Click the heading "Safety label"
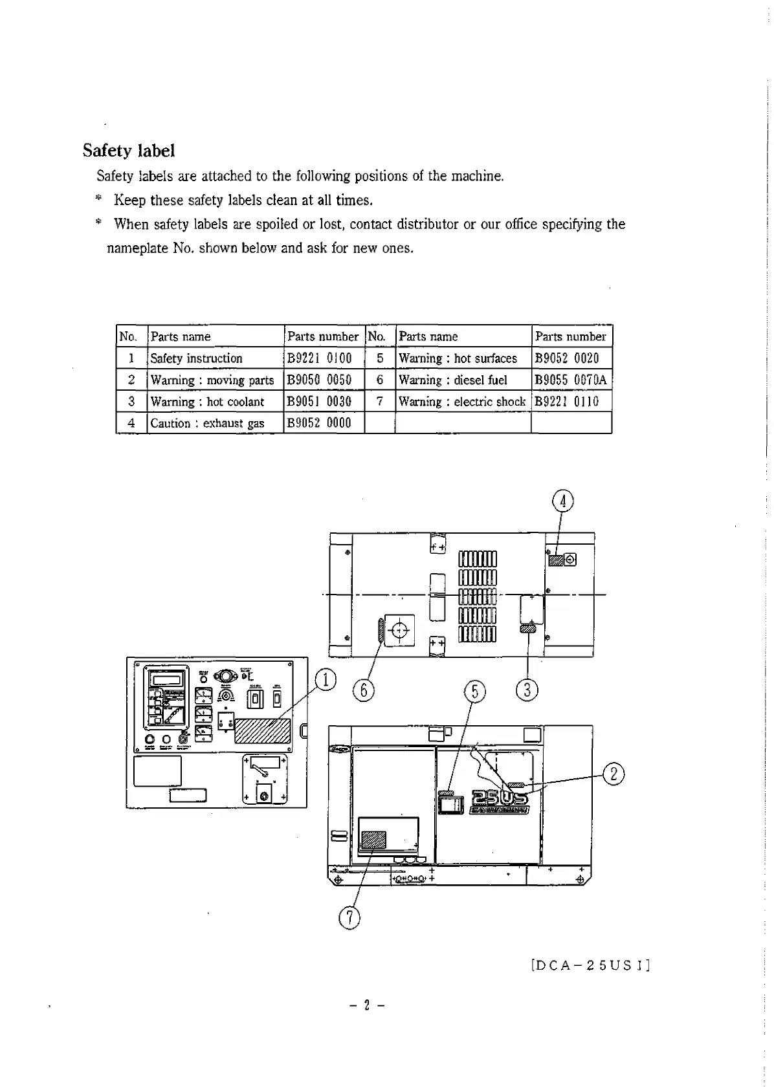click(x=129, y=151)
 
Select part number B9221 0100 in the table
click(x=320, y=358)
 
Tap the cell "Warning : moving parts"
click(x=212, y=380)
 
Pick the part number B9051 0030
click(x=320, y=402)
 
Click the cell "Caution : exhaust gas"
click(x=208, y=424)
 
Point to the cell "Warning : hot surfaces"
click(x=458, y=358)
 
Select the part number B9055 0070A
click(x=571, y=380)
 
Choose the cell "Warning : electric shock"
click(x=462, y=402)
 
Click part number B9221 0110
click(x=567, y=402)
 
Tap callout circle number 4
click(x=563, y=501)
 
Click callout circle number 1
click(x=326, y=680)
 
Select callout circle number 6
click(x=364, y=691)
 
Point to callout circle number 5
click(x=475, y=692)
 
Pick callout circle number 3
click(x=527, y=690)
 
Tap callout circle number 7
click(x=349, y=917)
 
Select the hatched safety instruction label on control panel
click(x=262, y=730)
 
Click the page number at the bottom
click(x=367, y=1006)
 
